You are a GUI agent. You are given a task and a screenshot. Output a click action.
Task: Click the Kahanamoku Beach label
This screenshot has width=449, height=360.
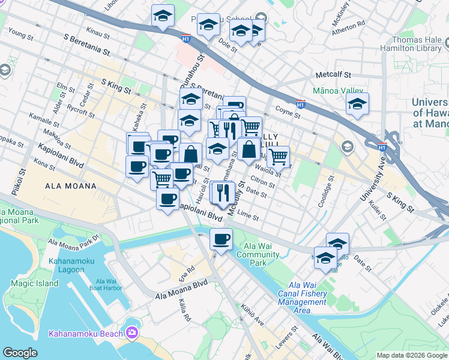point(84,333)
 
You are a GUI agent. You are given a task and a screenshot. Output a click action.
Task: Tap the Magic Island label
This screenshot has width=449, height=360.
point(34,283)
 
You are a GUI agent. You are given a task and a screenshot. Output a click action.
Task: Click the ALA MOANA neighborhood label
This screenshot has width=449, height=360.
point(71,186)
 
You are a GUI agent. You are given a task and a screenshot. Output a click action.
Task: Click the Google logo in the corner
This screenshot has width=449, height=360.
point(20,352)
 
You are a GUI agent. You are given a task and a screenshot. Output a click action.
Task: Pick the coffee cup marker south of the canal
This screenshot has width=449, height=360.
point(221,240)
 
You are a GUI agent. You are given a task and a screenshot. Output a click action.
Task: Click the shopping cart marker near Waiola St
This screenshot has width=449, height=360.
point(278,157)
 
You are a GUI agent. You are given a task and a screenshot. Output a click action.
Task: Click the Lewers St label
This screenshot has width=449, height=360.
point(287,338)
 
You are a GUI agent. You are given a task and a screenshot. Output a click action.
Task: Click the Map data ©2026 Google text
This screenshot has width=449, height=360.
point(411,355)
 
